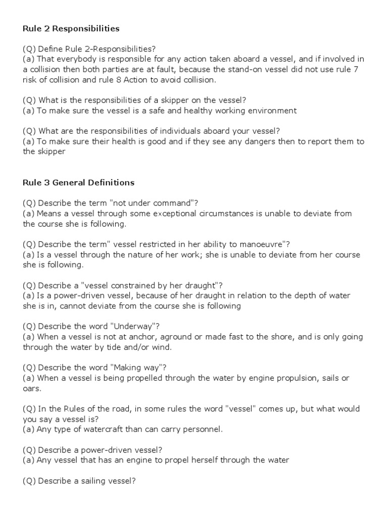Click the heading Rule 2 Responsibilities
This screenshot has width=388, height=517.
click(x=71, y=28)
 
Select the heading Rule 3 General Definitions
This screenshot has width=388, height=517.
click(x=78, y=182)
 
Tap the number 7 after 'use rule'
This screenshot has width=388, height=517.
click(x=357, y=70)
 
